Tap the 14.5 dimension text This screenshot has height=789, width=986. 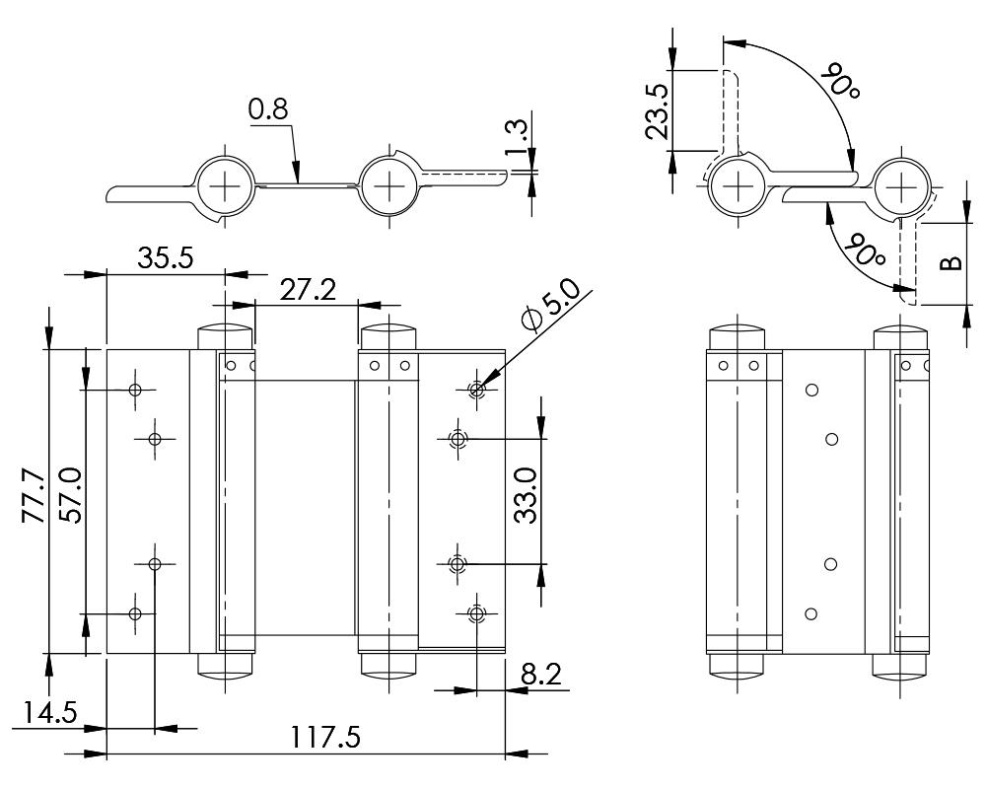(45, 713)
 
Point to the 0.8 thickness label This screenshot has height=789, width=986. (268, 110)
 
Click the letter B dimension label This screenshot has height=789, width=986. (949, 262)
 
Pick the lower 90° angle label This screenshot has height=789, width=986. (866, 251)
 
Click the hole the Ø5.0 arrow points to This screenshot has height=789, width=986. (477, 390)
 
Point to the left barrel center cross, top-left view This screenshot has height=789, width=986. (225, 184)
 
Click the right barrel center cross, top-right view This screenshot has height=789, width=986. (901, 184)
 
